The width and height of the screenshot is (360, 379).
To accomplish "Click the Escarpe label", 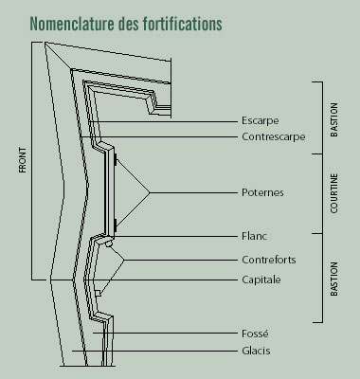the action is point(260,122).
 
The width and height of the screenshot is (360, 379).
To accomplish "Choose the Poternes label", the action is point(262,192).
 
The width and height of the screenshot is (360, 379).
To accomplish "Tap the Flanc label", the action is point(254,235).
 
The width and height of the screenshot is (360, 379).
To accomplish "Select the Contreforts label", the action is point(269,260).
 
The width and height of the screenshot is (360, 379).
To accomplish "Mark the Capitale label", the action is point(261,279).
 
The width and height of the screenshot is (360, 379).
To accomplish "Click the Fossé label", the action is point(255,334).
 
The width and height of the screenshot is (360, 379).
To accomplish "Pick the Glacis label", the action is point(256,352).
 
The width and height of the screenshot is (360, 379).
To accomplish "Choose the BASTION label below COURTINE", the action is point(333,280).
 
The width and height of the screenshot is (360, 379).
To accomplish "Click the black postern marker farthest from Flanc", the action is point(117,162).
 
